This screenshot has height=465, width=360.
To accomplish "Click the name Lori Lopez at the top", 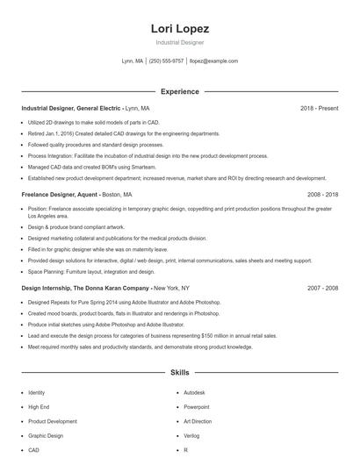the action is [x=179, y=28].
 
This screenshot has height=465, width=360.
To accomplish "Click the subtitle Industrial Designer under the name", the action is [x=179, y=42].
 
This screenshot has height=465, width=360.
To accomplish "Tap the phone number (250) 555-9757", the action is [x=167, y=61].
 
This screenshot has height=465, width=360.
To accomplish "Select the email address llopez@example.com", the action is [x=213, y=61].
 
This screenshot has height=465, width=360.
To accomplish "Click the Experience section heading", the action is [x=179, y=91].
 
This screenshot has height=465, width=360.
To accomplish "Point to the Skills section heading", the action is [x=179, y=373].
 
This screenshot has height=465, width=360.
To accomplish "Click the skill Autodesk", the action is [x=195, y=392].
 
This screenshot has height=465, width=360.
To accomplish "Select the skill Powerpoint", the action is [x=197, y=407].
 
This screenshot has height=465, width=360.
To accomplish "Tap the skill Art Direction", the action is [x=198, y=421].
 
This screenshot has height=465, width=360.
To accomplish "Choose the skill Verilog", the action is [x=192, y=435].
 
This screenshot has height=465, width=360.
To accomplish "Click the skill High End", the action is [x=39, y=407].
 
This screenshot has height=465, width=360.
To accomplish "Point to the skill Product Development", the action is [x=53, y=421].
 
